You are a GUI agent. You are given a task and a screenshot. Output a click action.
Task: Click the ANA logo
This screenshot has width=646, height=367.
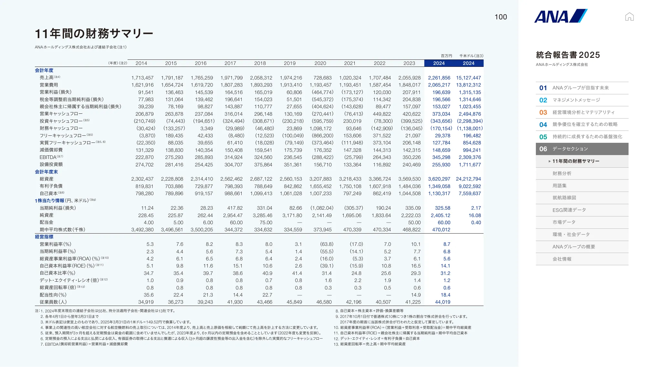click(560, 16)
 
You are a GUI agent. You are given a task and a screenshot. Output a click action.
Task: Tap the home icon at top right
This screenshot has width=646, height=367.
click(629, 16)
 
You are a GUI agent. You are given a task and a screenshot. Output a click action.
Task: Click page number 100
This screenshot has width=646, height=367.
click(501, 17)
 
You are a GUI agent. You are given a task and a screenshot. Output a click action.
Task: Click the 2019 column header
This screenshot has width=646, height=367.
click(289, 63)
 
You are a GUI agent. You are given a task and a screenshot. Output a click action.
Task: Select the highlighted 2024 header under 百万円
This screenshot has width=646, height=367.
click(439, 63)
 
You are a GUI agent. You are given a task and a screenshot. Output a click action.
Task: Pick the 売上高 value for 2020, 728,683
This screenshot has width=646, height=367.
click(322, 78)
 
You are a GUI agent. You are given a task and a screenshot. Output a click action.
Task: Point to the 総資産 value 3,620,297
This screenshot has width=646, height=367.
click(439, 179)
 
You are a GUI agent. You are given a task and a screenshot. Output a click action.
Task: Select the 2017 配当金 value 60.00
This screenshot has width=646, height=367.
click(236, 223)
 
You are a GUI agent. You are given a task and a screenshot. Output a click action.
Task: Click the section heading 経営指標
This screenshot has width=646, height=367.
click(44, 237)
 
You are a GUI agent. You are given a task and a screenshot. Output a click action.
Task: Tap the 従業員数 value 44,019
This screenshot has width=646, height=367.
click(443, 302)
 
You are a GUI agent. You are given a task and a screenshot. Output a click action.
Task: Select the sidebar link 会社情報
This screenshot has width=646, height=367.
click(562, 259)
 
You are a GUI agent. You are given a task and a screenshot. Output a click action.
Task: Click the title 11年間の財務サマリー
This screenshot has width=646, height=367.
click(94, 34)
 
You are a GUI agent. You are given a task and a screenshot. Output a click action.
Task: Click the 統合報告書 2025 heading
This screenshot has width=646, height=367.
click(568, 55)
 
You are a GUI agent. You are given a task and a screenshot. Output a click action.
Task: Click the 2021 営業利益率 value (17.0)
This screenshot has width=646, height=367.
click(356, 244)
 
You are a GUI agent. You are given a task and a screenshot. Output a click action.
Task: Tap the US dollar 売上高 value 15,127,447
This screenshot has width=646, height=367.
click(468, 78)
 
